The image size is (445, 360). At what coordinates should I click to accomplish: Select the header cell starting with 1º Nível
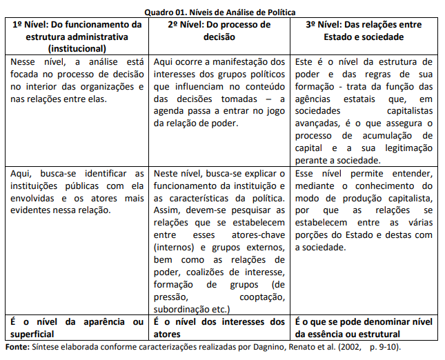pos(77,37)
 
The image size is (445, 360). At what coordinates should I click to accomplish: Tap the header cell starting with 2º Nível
pos(219,30)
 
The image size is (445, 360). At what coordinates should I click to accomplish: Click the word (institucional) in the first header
pos(77,49)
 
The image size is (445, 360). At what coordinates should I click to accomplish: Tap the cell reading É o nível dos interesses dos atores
pos(219,328)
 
